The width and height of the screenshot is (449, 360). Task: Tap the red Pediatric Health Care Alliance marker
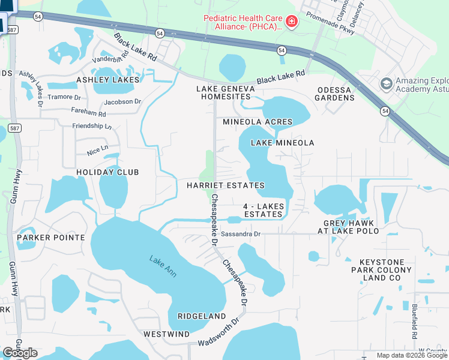click(x=292, y=22)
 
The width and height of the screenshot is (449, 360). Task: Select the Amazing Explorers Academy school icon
click(x=386, y=83)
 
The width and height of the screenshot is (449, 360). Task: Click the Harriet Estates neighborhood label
click(x=225, y=185)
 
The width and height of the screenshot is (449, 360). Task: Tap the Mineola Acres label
click(x=257, y=122)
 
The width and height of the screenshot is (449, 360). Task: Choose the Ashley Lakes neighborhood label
click(x=107, y=80)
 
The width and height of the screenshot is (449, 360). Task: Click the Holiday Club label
click(x=107, y=172)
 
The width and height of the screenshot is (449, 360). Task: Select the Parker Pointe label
click(x=50, y=238)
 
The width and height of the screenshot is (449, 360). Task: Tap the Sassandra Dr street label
click(x=240, y=234)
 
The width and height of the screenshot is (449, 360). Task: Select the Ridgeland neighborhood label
click(x=202, y=316)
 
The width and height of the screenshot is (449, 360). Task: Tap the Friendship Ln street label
click(x=92, y=127)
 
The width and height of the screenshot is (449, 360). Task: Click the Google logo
click(x=20, y=353)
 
